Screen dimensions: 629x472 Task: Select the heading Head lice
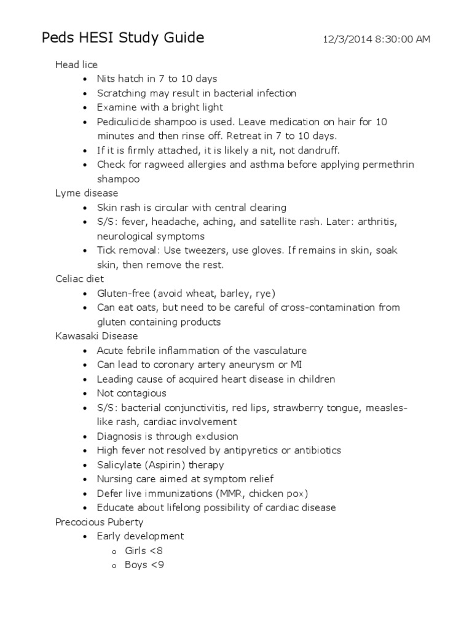tap(76, 64)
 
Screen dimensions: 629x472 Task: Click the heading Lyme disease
tap(87, 193)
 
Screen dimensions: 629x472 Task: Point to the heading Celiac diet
tap(79, 279)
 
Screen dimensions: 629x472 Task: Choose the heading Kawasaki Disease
tap(96, 336)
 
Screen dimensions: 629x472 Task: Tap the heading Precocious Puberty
tap(99, 522)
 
